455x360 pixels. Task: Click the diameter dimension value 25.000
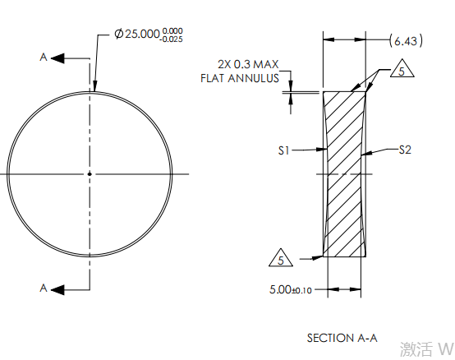click(142, 34)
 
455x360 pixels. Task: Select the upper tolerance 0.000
click(172, 30)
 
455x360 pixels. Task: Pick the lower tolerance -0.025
click(171, 39)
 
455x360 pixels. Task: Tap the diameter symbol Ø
click(119, 34)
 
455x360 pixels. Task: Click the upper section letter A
click(44, 58)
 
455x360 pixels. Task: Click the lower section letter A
click(44, 288)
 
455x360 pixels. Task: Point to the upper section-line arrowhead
click(57, 58)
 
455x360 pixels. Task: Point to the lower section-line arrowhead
click(57, 290)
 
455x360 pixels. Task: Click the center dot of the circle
click(90, 174)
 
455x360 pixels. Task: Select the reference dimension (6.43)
click(406, 40)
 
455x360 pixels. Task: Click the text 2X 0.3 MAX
click(248, 64)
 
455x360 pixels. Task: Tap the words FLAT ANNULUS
click(240, 78)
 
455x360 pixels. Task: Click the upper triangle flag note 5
click(402, 68)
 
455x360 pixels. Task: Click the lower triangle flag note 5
click(281, 258)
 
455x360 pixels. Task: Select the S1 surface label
click(284, 150)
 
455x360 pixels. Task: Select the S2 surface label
click(405, 150)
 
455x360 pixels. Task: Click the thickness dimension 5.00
click(280, 289)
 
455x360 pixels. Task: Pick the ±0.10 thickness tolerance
click(301, 291)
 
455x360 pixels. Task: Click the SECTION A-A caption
click(342, 338)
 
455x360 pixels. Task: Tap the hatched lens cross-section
click(344, 174)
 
